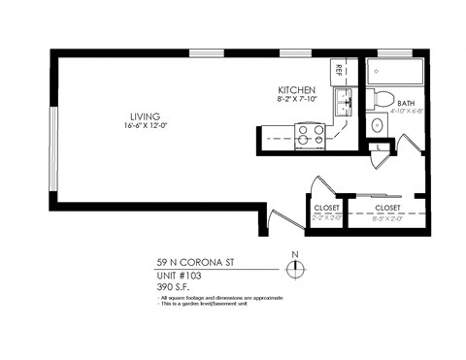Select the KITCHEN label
point(295,89)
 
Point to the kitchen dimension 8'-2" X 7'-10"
point(295,99)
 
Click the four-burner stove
point(311,135)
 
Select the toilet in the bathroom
point(382,98)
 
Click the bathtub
point(396,70)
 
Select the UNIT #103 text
point(177,275)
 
